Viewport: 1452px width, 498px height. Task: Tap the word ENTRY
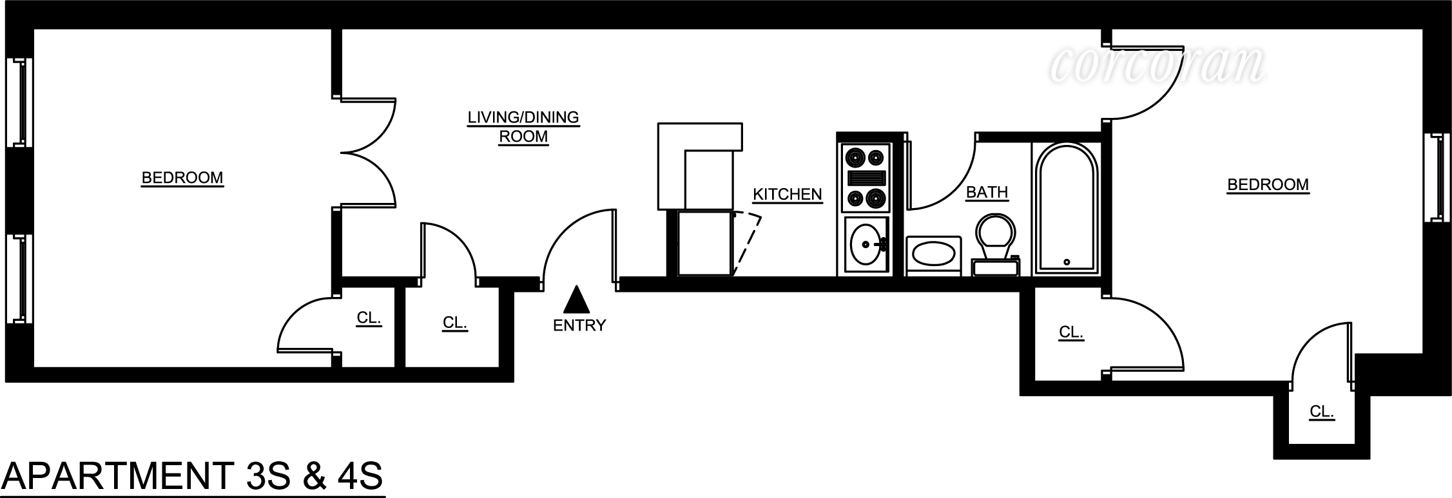(x=579, y=325)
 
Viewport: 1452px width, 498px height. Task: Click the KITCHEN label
(x=787, y=194)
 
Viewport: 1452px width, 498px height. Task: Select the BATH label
(x=986, y=192)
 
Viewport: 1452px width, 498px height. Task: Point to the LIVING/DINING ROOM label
(x=523, y=127)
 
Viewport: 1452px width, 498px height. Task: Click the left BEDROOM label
(x=182, y=177)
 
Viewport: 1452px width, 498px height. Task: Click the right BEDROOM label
(x=1267, y=185)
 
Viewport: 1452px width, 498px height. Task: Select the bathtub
(x=1067, y=207)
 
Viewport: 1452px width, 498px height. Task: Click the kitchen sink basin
(x=866, y=245)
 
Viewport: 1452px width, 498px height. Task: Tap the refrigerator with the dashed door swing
(x=706, y=244)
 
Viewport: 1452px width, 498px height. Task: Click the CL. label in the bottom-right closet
(x=1321, y=411)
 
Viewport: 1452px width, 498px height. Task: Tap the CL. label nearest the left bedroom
(x=369, y=318)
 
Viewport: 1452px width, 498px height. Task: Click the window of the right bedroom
(x=1435, y=177)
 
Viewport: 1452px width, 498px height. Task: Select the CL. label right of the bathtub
(x=1070, y=332)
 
